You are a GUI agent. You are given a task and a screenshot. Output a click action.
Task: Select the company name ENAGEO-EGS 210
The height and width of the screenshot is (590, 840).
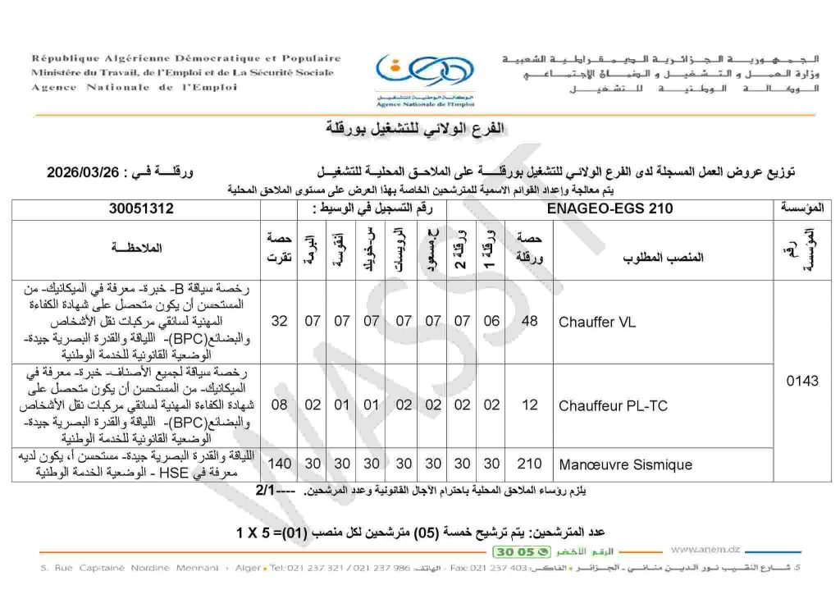tap(620, 209)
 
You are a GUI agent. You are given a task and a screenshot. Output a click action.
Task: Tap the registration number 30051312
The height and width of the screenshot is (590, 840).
tap(142, 209)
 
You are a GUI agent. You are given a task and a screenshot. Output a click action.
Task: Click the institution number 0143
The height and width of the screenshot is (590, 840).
tap(801, 381)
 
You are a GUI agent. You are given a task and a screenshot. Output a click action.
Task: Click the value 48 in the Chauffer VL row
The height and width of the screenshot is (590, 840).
tap(530, 322)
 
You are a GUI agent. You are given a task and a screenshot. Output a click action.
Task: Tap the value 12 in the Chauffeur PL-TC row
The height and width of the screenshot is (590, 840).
tap(530, 405)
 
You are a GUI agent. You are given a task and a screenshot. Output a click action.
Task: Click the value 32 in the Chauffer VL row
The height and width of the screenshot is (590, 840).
tap(279, 322)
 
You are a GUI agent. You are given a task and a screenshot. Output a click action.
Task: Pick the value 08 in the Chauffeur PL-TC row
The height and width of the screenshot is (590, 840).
tap(279, 405)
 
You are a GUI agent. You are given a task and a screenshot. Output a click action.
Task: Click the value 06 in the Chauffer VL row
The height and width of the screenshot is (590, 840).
tap(491, 322)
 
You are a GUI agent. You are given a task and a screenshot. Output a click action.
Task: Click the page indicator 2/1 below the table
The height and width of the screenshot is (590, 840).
tap(268, 490)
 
